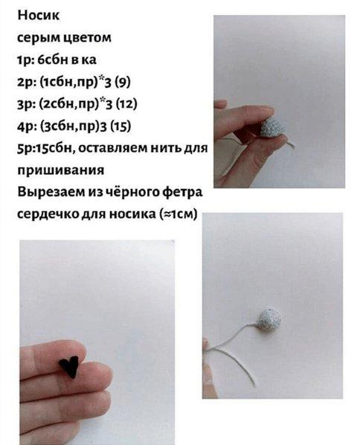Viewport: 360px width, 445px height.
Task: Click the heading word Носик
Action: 39,15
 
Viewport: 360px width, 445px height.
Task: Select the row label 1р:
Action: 26,60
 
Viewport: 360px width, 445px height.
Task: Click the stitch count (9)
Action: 123,82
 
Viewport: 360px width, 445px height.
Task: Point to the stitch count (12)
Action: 126,104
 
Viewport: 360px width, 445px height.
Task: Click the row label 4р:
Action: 26,127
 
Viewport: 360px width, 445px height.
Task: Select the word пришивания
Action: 61,170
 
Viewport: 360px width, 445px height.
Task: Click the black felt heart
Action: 68,366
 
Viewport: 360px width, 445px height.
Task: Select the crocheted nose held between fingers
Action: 271,127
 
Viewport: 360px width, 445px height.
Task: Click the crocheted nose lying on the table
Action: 269,320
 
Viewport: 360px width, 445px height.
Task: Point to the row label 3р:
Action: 26,104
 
